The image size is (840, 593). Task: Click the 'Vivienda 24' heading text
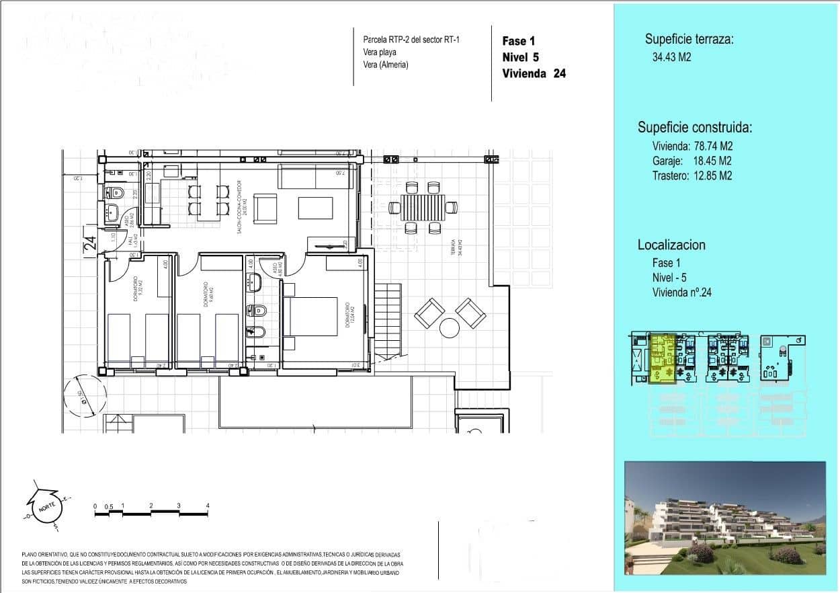point(534,74)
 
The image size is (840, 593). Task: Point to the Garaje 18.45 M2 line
point(691,161)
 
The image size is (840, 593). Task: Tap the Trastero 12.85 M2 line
point(691,175)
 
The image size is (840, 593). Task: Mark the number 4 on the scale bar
point(208,506)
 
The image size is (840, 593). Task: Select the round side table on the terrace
point(450,327)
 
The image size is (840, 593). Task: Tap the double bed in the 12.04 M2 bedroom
point(310,316)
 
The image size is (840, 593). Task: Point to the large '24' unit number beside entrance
point(90,242)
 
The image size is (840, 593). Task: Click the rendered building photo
point(724,518)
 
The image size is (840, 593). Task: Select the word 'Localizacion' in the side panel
point(671,245)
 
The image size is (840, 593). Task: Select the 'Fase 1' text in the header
point(518,41)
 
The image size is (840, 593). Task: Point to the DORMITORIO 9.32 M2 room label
point(138,289)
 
